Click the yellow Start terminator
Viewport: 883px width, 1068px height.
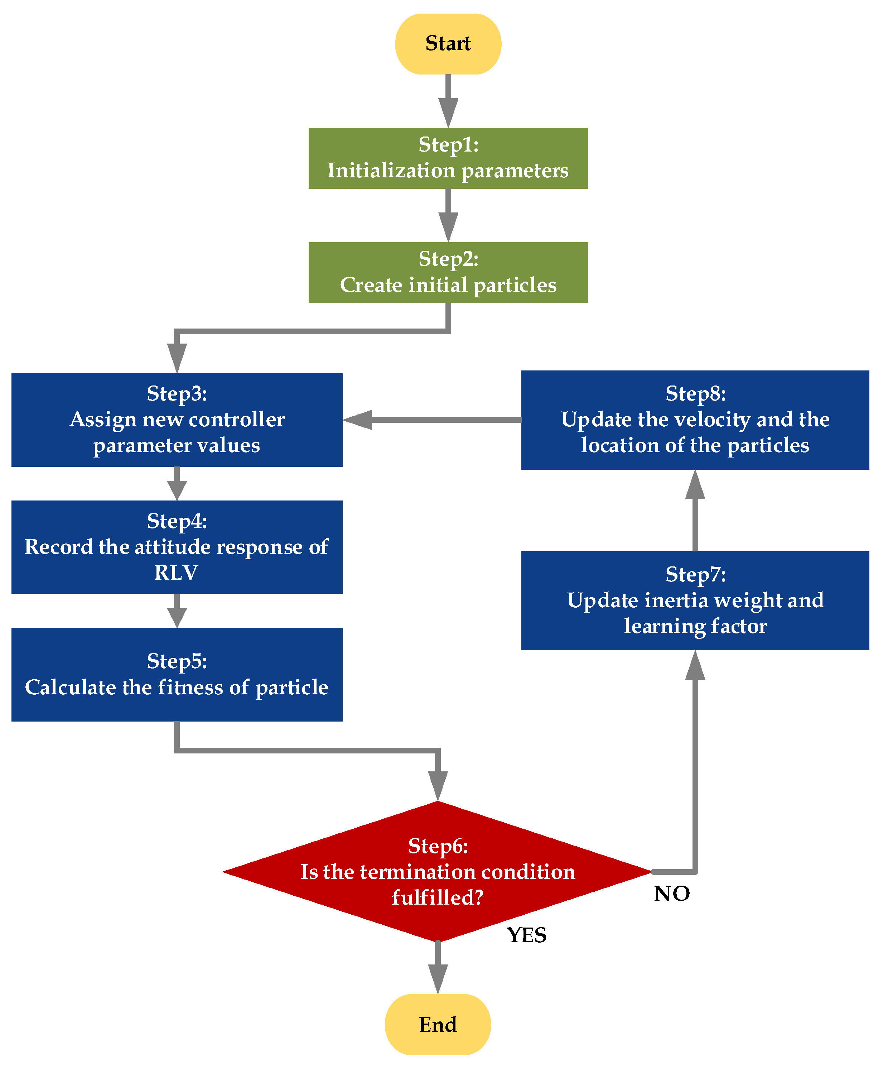448,44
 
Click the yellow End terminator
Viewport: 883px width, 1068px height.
438,1024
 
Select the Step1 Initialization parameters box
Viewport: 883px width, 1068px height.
448,158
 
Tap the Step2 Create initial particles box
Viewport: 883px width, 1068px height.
448,273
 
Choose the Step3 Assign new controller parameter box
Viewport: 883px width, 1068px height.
177,420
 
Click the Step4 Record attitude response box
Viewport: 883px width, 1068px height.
177,547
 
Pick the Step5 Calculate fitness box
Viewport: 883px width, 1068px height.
177,674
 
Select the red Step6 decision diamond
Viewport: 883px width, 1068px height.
438,872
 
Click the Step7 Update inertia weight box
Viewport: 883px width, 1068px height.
695,600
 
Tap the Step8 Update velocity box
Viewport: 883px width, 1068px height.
695,420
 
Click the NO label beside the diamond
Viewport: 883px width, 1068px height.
671,894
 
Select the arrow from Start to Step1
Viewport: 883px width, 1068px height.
448,102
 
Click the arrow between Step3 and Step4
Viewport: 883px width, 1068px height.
177,484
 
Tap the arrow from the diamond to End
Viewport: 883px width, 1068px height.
438,968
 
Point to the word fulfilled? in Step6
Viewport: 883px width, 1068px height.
437,897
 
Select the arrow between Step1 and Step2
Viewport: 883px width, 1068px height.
448,216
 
